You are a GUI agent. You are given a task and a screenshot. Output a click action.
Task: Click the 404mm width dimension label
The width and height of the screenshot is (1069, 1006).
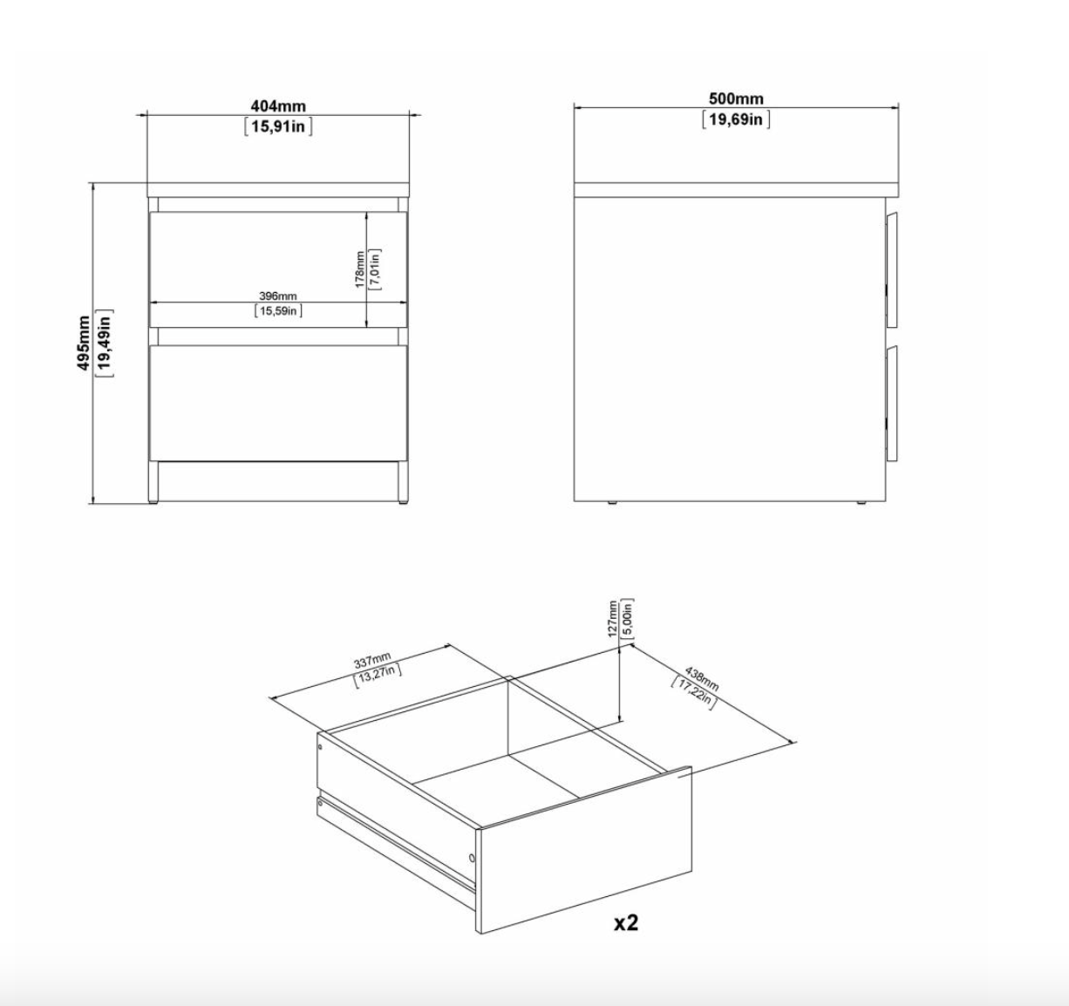click(278, 106)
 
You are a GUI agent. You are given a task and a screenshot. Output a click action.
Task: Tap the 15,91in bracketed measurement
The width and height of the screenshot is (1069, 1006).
click(278, 126)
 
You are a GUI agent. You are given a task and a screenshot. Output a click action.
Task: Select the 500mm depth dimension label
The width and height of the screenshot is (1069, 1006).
click(736, 99)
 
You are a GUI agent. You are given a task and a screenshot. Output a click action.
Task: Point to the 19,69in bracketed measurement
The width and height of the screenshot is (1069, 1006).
click(736, 119)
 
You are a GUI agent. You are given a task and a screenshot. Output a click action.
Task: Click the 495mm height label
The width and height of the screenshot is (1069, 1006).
click(84, 343)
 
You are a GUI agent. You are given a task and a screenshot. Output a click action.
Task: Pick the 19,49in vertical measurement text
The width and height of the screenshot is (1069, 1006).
click(104, 343)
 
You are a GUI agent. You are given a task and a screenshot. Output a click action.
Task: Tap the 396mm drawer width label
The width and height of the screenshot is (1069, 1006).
click(278, 296)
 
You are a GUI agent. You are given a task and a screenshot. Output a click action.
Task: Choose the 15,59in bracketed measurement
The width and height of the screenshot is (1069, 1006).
click(278, 310)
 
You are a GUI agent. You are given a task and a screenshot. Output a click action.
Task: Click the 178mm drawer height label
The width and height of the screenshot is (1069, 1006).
click(360, 269)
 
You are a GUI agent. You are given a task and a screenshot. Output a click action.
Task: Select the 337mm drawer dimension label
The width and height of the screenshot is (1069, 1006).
click(372, 661)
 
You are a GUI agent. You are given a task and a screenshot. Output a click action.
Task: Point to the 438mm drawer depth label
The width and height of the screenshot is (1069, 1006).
click(701, 679)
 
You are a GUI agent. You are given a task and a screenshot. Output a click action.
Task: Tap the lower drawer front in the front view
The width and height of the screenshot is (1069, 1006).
click(278, 403)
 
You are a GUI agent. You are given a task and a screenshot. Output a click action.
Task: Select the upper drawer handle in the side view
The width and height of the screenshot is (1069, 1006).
click(892, 270)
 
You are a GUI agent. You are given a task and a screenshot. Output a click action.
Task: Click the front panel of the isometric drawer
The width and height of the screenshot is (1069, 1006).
click(584, 851)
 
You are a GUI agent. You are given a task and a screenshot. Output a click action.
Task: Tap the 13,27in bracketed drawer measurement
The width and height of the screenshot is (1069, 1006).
click(378, 675)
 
